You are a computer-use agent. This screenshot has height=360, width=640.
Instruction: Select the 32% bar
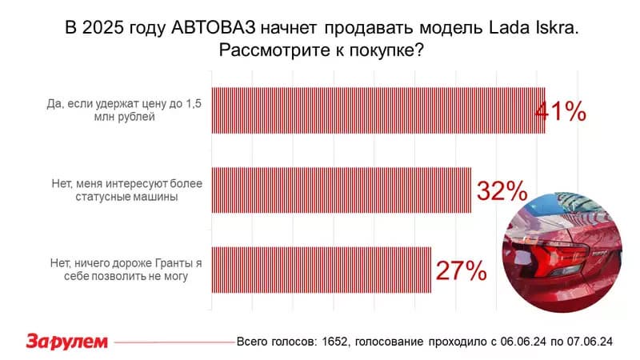pos(341,190)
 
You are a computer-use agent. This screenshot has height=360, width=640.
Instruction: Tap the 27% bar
pos(321,270)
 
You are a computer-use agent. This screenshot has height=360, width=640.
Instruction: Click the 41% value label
pos(562,111)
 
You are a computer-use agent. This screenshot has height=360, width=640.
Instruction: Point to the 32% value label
pos(502,190)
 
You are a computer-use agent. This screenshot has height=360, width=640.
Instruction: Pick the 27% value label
pos(461,270)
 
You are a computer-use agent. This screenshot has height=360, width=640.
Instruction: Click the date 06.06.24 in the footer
pos(523,342)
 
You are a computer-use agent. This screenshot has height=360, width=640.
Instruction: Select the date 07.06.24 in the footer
pos(590,342)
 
